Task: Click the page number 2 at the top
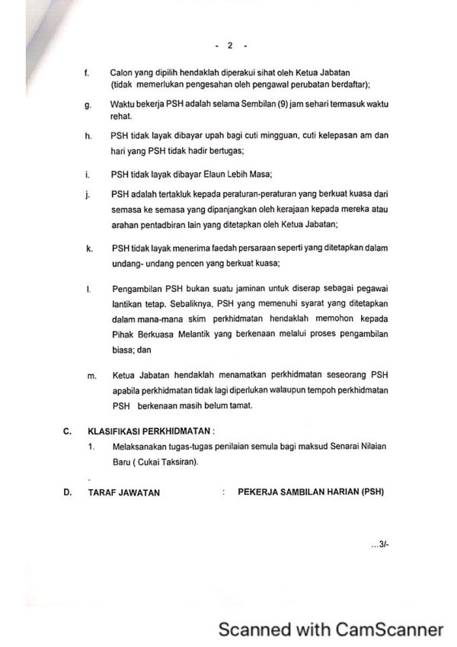pos(229,46)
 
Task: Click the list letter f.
pos(88,72)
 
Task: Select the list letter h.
pos(88,136)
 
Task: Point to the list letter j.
pos(88,195)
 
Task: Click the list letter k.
pos(88,248)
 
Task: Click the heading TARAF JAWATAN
pos(124,492)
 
